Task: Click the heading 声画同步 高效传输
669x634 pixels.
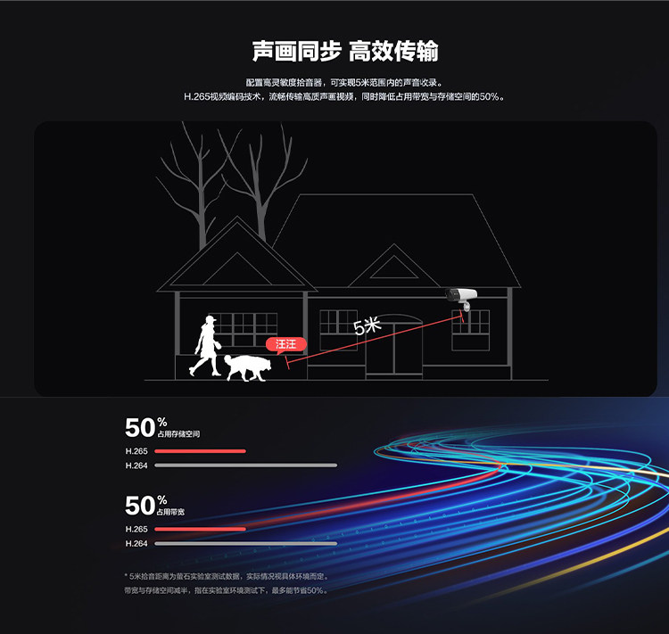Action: [x=344, y=51]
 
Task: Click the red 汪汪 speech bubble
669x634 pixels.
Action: [x=285, y=344]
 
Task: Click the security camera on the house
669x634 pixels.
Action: [x=462, y=295]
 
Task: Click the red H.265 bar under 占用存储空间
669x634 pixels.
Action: [x=200, y=451]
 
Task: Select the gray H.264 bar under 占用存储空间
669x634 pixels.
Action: [x=246, y=465]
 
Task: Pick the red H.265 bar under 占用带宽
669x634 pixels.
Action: [x=200, y=530]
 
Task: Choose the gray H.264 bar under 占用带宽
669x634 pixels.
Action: [x=246, y=543]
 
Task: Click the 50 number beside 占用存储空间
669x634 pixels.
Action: [x=140, y=427]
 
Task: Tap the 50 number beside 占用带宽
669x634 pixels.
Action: [x=140, y=506]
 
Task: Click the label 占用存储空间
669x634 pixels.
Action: [x=178, y=434]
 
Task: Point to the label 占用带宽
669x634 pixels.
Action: [x=171, y=513]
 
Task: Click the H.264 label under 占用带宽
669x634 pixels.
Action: [x=136, y=543]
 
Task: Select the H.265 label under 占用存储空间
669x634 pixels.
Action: [x=136, y=451]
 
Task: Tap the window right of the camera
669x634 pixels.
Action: [x=471, y=329]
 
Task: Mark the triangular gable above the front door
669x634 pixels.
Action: [x=392, y=268]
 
